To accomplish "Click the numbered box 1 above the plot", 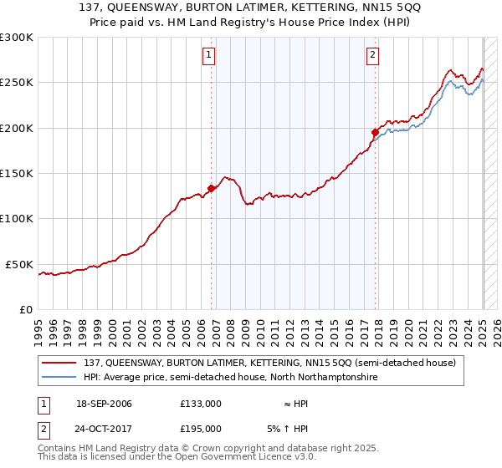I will tap(208, 56).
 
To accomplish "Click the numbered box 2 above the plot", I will tap(371, 56).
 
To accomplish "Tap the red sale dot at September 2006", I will tap(211, 189).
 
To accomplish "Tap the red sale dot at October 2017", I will tap(375, 132).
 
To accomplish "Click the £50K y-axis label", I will tap(19, 264).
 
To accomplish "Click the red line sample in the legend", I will tap(61, 363).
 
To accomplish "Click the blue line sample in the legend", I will tap(61, 378).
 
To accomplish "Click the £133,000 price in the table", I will tap(201, 404).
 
